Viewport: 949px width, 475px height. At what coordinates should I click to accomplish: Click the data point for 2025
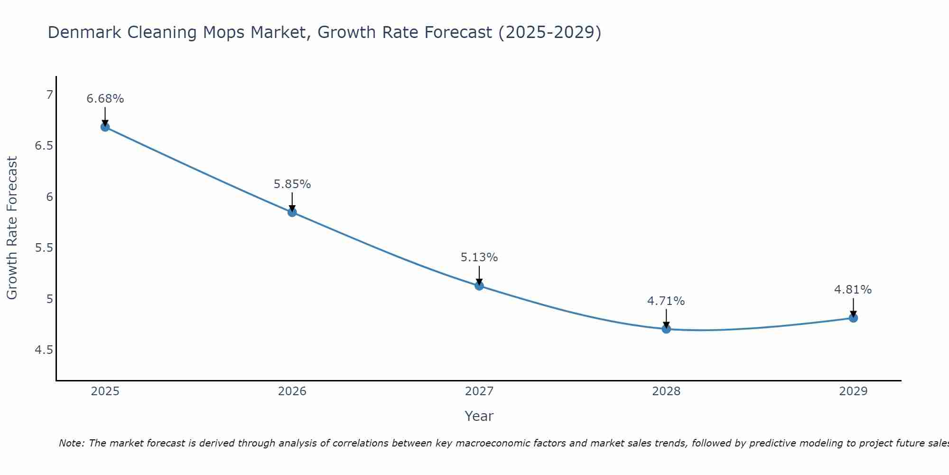coord(105,127)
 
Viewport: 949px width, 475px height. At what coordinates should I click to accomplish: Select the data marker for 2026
coord(292,212)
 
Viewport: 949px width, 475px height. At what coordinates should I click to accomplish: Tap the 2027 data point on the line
coord(479,285)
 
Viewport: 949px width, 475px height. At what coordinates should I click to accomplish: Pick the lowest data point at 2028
coord(666,329)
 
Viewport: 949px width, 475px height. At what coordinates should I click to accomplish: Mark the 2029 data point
coord(853,318)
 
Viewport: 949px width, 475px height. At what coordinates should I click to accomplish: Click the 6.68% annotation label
coord(105,99)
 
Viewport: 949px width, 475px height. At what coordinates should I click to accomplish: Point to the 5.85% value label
coord(292,184)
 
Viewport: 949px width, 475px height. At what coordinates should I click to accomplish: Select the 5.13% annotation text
coord(479,257)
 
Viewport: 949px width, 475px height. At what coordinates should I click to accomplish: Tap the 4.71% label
coord(666,301)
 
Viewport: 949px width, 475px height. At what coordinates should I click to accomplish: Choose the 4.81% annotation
coord(853,290)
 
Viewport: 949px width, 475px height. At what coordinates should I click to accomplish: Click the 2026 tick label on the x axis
coord(292,391)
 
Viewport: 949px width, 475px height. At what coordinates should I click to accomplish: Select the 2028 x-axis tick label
coord(666,391)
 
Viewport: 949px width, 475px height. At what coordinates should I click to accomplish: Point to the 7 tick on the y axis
coord(50,95)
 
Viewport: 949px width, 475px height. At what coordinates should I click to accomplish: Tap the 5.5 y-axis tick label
coord(44,248)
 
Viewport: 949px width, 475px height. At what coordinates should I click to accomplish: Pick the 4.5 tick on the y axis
coord(44,350)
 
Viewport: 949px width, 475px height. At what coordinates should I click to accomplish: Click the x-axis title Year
coord(479,416)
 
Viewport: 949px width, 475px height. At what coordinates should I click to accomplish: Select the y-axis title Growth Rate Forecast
coord(12,228)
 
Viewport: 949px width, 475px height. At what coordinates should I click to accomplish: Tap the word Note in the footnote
coord(71,443)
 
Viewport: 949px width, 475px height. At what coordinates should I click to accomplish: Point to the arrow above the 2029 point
coord(853,307)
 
